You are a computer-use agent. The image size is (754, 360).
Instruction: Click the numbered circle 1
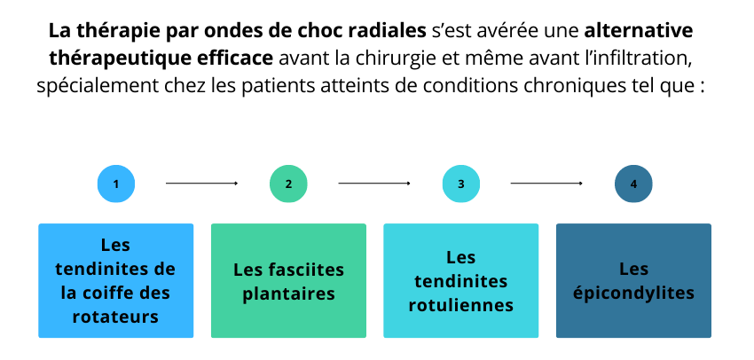[x=116, y=184]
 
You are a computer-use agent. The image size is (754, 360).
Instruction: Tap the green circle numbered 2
[x=288, y=184]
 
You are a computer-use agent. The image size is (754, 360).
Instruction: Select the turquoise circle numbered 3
[x=461, y=184]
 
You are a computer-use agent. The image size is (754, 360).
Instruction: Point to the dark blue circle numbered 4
[x=633, y=184]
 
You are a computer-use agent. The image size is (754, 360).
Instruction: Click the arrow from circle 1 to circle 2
[x=202, y=184]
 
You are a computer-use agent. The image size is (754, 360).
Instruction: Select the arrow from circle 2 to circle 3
[x=374, y=184]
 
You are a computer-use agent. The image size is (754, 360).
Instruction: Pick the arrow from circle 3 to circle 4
[x=546, y=184]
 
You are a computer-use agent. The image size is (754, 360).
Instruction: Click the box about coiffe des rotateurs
[x=116, y=281]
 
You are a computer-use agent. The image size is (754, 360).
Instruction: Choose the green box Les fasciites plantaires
[x=288, y=281]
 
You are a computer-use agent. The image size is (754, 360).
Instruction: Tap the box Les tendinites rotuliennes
[x=461, y=281]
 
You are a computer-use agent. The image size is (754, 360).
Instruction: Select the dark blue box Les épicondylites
[x=633, y=281]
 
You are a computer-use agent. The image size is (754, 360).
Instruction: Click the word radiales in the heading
[x=388, y=31]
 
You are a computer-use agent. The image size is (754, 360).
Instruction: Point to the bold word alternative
[x=639, y=31]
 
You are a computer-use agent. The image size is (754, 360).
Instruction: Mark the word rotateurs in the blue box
[x=116, y=317]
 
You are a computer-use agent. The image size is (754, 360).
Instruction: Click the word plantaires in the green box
[x=288, y=293]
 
